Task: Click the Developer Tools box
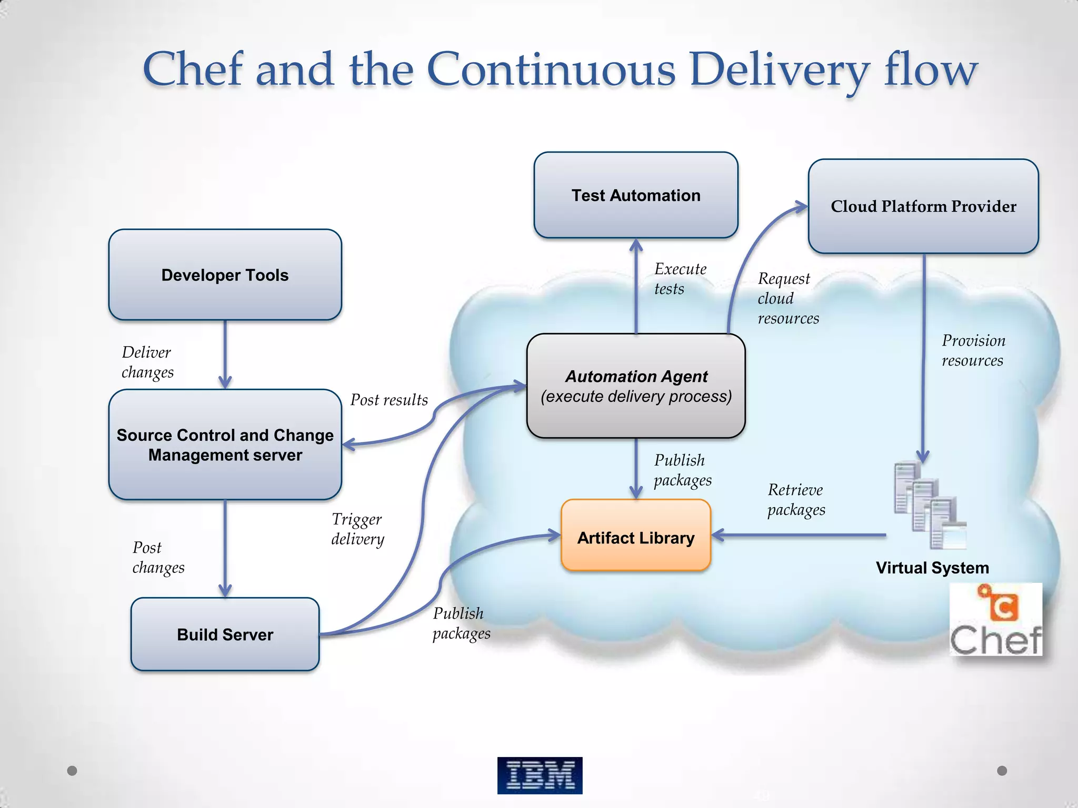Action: (225, 275)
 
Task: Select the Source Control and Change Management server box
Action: (225, 445)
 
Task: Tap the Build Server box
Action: (225, 634)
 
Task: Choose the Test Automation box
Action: (636, 195)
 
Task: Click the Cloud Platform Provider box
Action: (923, 206)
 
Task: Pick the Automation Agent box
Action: (636, 386)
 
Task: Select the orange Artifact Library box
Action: (636, 536)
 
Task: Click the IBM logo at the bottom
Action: (540, 775)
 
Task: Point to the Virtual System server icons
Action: (930, 505)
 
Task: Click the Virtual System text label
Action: (932, 568)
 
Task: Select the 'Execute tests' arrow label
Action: (680, 279)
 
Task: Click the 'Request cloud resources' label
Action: (787, 298)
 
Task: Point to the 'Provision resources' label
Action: (973, 350)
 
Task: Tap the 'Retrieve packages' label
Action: (796, 500)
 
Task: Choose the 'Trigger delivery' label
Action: (357, 529)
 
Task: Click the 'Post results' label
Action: (389, 400)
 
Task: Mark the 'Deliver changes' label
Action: (147, 362)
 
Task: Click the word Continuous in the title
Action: (551, 69)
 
